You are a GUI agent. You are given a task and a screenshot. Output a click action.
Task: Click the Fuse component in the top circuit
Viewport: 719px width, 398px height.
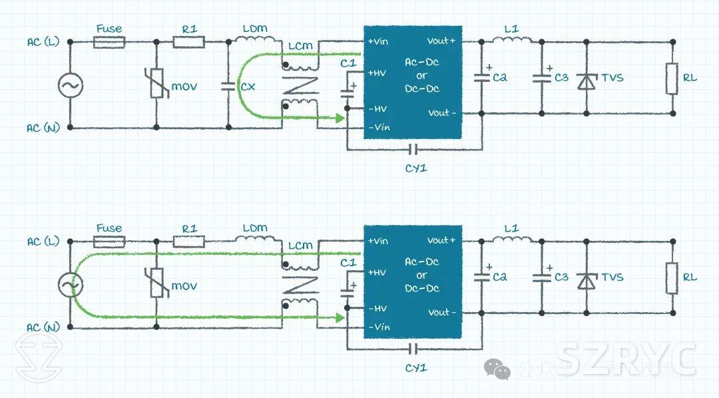[x=109, y=42]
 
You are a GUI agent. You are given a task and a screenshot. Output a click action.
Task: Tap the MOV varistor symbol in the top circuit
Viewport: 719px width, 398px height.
[x=156, y=85]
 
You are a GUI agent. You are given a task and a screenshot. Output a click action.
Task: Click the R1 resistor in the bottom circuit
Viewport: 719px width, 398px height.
[x=190, y=242]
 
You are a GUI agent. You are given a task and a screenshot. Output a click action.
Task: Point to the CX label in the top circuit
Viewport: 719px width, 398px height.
[x=248, y=87]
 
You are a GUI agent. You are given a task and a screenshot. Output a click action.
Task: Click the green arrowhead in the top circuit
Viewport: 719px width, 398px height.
[x=340, y=118]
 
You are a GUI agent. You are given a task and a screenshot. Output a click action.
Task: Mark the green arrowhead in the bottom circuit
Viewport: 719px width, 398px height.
[x=340, y=318]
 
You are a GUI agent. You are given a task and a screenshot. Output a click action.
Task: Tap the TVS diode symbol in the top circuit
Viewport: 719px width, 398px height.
[x=587, y=81]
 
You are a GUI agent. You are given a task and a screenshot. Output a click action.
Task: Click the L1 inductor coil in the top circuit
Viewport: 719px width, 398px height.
[x=512, y=41]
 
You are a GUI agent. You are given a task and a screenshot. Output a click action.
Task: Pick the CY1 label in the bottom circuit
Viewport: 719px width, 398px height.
[x=416, y=367]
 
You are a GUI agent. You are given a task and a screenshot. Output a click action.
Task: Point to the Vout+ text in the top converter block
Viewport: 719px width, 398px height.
[x=442, y=41]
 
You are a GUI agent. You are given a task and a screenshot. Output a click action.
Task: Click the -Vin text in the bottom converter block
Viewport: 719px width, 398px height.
[x=379, y=327]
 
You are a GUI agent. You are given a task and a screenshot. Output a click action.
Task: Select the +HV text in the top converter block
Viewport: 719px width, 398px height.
[x=377, y=73]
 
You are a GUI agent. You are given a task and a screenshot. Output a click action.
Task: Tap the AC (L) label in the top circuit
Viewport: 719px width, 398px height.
[x=43, y=42]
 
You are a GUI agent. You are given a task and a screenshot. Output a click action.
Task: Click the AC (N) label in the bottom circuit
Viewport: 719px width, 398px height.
[x=43, y=327]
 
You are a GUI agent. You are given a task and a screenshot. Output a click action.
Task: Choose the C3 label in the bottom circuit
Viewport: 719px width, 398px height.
[x=561, y=277]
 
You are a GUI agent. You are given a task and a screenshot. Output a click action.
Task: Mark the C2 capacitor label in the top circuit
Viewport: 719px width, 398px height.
[x=500, y=78]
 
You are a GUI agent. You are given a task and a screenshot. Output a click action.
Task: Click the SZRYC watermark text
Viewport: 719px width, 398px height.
[x=626, y=359]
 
